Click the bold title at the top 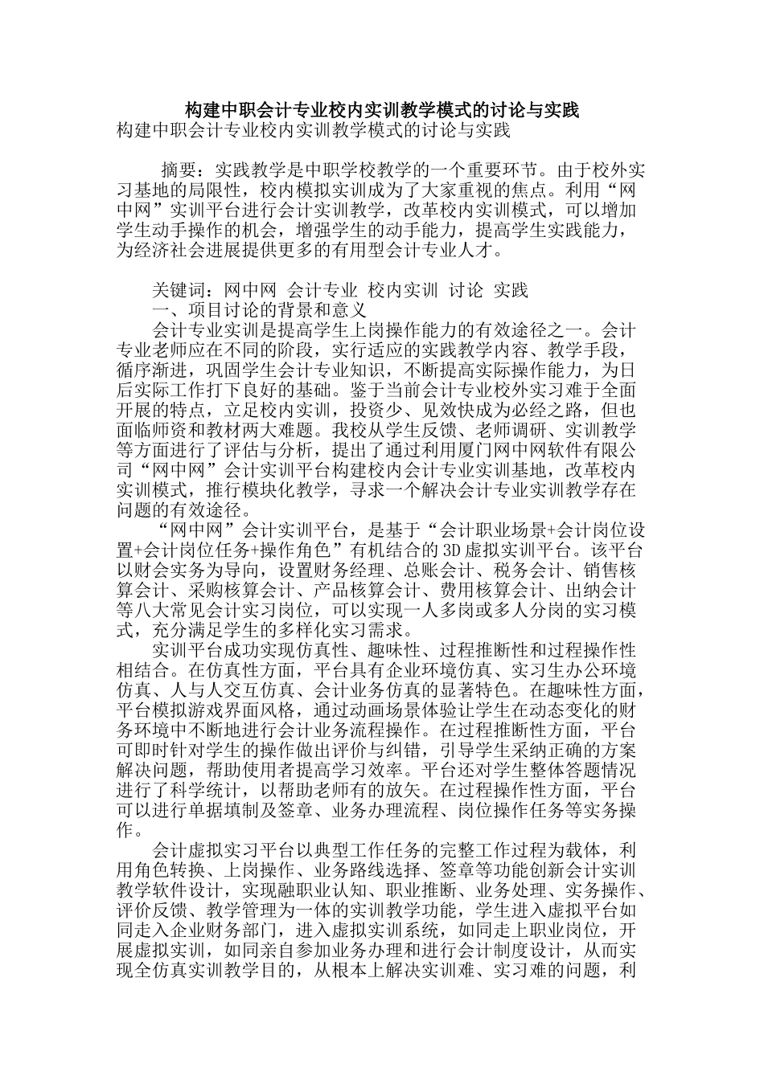[382, 109]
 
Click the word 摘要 [179, 170]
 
